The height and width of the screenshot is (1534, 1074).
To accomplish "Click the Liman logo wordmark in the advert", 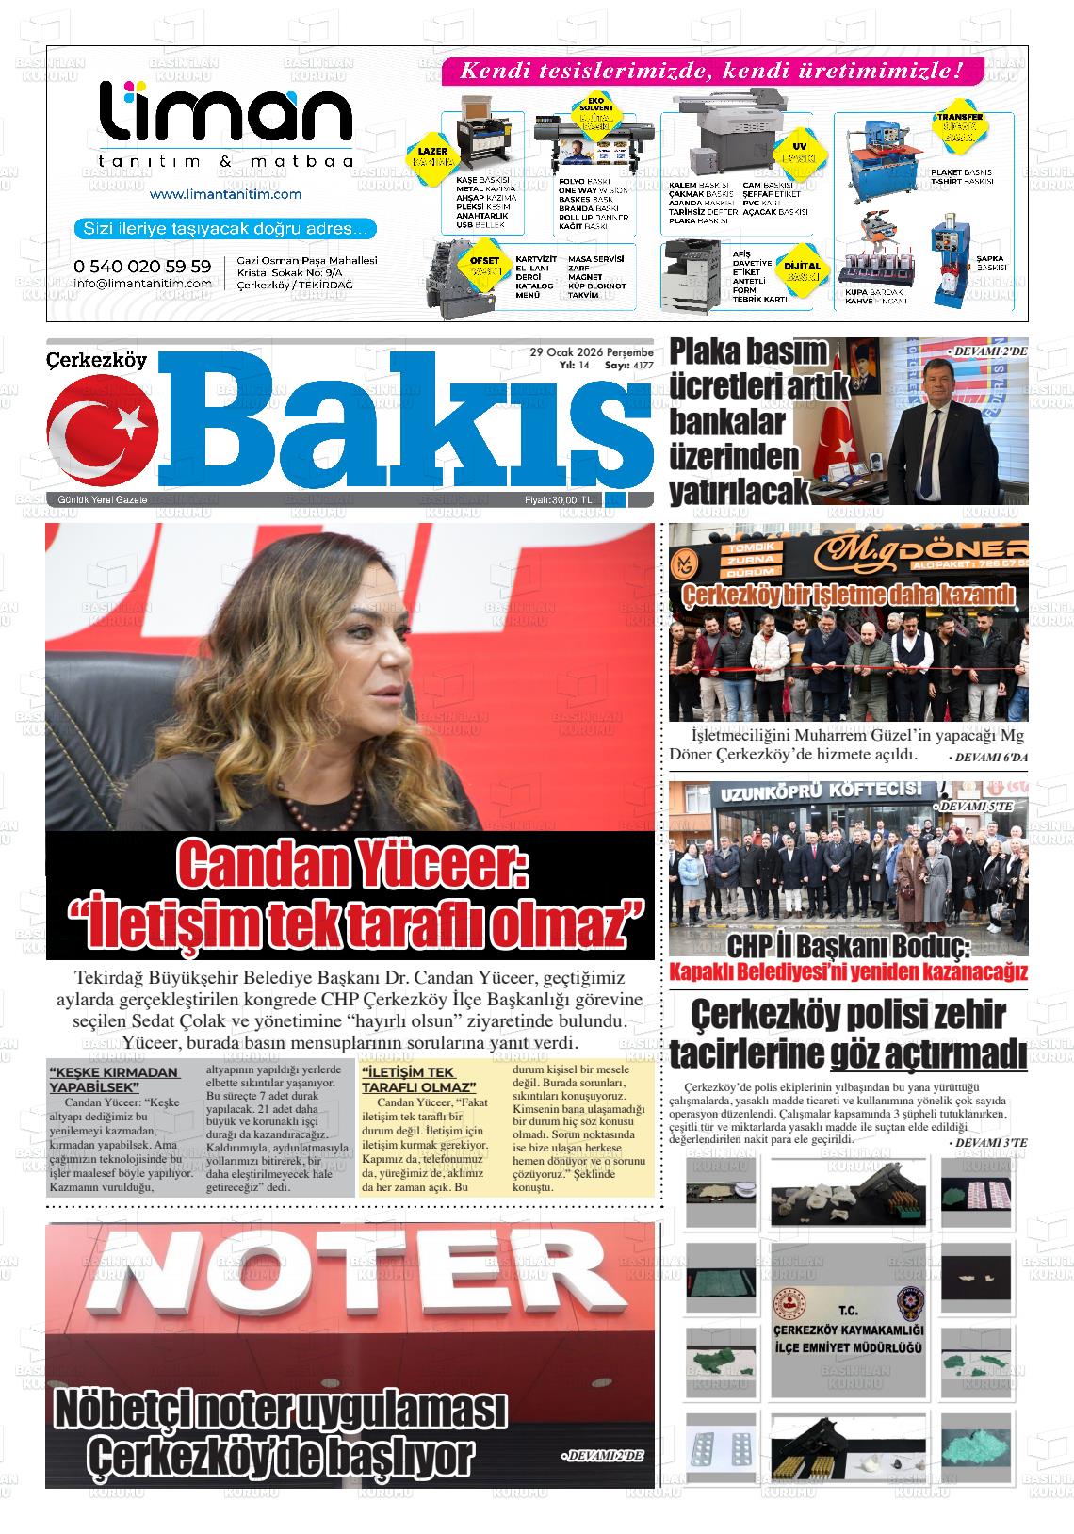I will (226, 117).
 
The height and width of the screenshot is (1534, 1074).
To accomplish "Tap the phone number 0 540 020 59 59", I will (142, 267).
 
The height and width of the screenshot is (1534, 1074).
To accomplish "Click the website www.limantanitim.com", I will (225, 194).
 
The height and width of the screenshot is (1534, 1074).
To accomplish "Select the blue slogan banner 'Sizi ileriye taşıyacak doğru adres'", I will (225, 228).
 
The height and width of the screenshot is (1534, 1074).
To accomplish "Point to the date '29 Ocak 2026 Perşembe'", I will (592, 352).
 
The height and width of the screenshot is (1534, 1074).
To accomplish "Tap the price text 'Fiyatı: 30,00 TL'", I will (559, 499).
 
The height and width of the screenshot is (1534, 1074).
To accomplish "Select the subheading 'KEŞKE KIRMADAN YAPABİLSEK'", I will (114, 1079).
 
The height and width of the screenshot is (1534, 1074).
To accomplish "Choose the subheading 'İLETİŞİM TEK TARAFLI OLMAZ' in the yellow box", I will (418, 1079).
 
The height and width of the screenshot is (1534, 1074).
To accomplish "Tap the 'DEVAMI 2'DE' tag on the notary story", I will (604, 1456).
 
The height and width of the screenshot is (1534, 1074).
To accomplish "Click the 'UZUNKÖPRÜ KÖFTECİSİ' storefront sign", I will (821, 792).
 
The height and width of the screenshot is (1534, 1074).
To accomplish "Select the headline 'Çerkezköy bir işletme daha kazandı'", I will (848, 595).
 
